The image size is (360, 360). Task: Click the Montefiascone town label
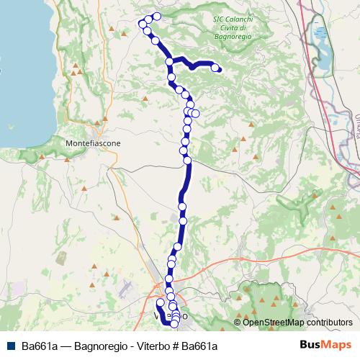pyautogui.click(x=94, y=143)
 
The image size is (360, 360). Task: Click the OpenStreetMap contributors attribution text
pyautogui.click(x=293, y=322)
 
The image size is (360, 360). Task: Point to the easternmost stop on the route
pyautogui.click(x=215, y=68)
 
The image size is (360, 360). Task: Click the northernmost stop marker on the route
pyautogui.click(x=156, y=16)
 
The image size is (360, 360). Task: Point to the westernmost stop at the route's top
pyautogui.click(x=141, y=24)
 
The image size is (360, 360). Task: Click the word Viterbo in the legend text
pyautogui.click(x=151, y=346)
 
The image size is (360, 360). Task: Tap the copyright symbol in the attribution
pyautogui.click(x=238, y=322)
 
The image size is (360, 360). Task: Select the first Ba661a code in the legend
pyautogui.click(x=38, y=346)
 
